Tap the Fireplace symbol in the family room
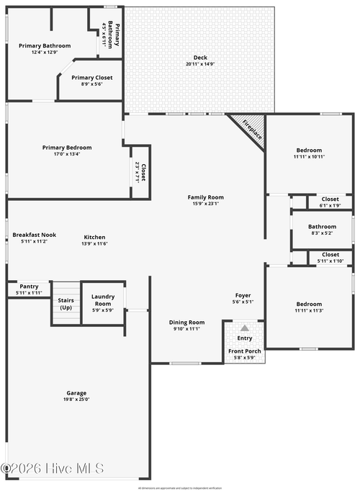pos(250,130)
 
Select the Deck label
pos(200,58)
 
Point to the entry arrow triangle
pos(244,328)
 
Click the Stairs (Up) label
pos(66,304)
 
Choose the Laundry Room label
pos(103,299)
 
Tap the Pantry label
pos(29,286)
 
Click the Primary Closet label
pos(92,77)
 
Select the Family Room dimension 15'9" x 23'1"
pos(206,204)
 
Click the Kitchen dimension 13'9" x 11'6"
pos(95,243)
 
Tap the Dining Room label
pos(187,322)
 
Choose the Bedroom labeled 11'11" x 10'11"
pos(309,150)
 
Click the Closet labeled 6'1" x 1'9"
pos(330,199)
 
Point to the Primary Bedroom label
pos(67,148)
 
